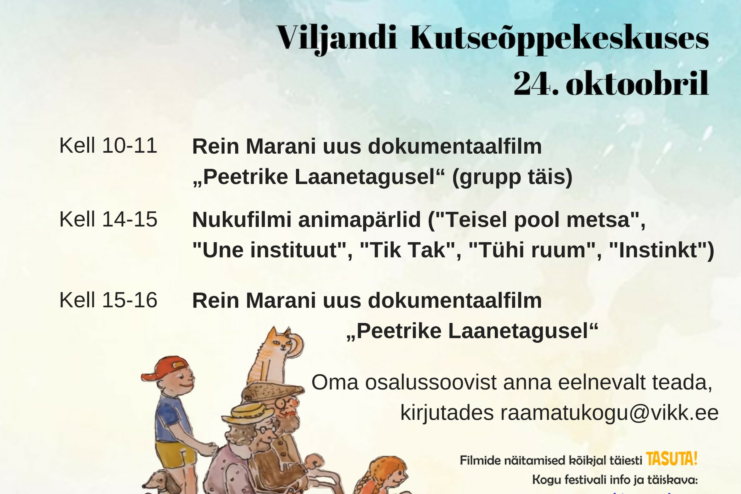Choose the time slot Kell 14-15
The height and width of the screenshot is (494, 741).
click(x=108, y=219)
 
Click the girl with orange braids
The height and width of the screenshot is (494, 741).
click(x=381, y=476)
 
